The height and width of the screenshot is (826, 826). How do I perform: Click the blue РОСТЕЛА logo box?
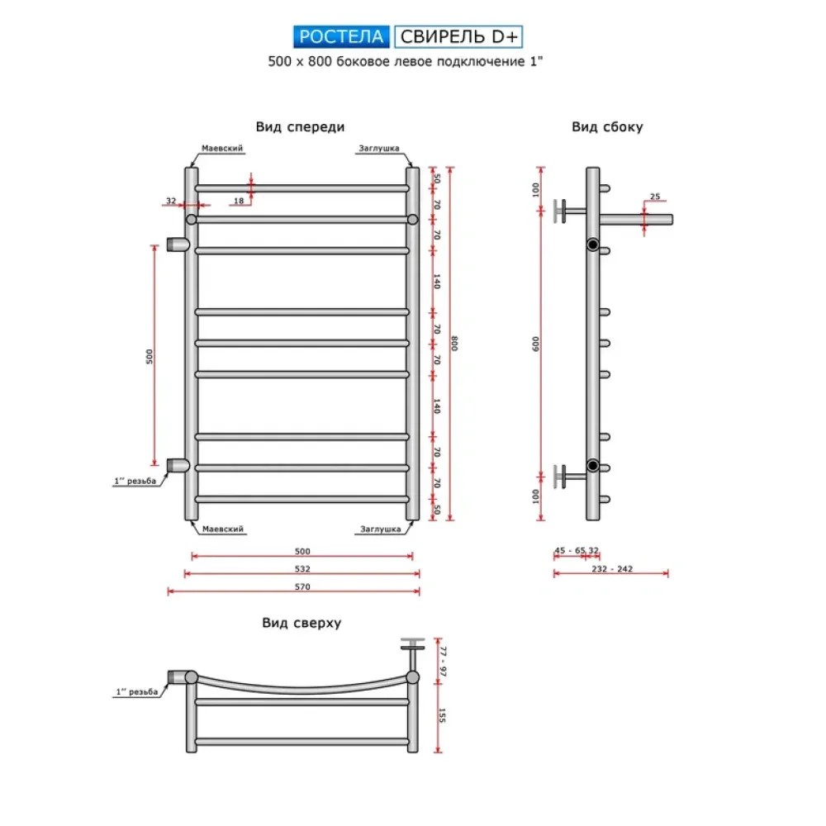click(x=341, y=36)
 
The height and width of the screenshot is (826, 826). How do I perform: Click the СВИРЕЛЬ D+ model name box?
click(x=458, y=36)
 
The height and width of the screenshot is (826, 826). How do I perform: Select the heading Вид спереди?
click(x=300, y=127)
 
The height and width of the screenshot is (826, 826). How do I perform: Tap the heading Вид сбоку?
click(x=607, y=127)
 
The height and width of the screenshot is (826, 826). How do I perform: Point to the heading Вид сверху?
click(x=301, y=624)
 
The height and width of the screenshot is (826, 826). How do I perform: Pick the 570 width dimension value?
click(x=302, y=586)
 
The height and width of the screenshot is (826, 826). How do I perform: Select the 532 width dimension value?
click(x=302, y=569)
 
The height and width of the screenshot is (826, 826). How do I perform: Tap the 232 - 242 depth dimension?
click(x=612, y=568)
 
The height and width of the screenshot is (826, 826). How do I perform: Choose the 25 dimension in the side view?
click(x=654, y=197)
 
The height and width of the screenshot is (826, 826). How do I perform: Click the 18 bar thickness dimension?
click(x=238, y=201)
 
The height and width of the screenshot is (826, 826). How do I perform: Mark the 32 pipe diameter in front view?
click(x=171, y=201)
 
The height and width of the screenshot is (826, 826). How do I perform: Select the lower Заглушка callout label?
click(x=381, y=529)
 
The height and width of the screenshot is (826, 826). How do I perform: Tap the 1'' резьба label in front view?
click(x=135, y=482)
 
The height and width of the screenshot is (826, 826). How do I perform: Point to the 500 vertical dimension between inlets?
click(x=150, y=356)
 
